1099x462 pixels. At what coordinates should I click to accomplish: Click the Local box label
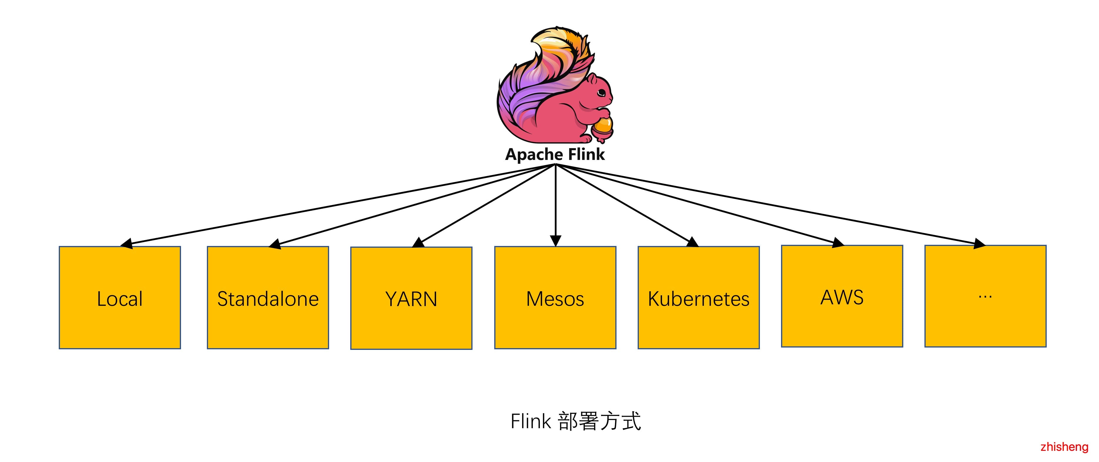point(120,299)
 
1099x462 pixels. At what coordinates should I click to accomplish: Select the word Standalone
point(268,299)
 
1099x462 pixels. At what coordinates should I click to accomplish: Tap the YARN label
point(411,299)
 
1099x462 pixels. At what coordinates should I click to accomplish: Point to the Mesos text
point(555,299)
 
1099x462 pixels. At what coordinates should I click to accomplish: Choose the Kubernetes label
point(698,299)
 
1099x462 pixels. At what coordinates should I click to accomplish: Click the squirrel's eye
point(602,92)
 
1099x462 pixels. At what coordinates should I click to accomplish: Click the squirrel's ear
point(592,79)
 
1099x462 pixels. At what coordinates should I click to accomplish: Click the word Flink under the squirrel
point(587,154)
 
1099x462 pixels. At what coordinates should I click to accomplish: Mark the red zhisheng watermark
point(1064,447)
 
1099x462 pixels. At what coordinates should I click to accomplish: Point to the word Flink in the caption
point(531,421)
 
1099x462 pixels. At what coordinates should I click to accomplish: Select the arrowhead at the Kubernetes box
point(692,242)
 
